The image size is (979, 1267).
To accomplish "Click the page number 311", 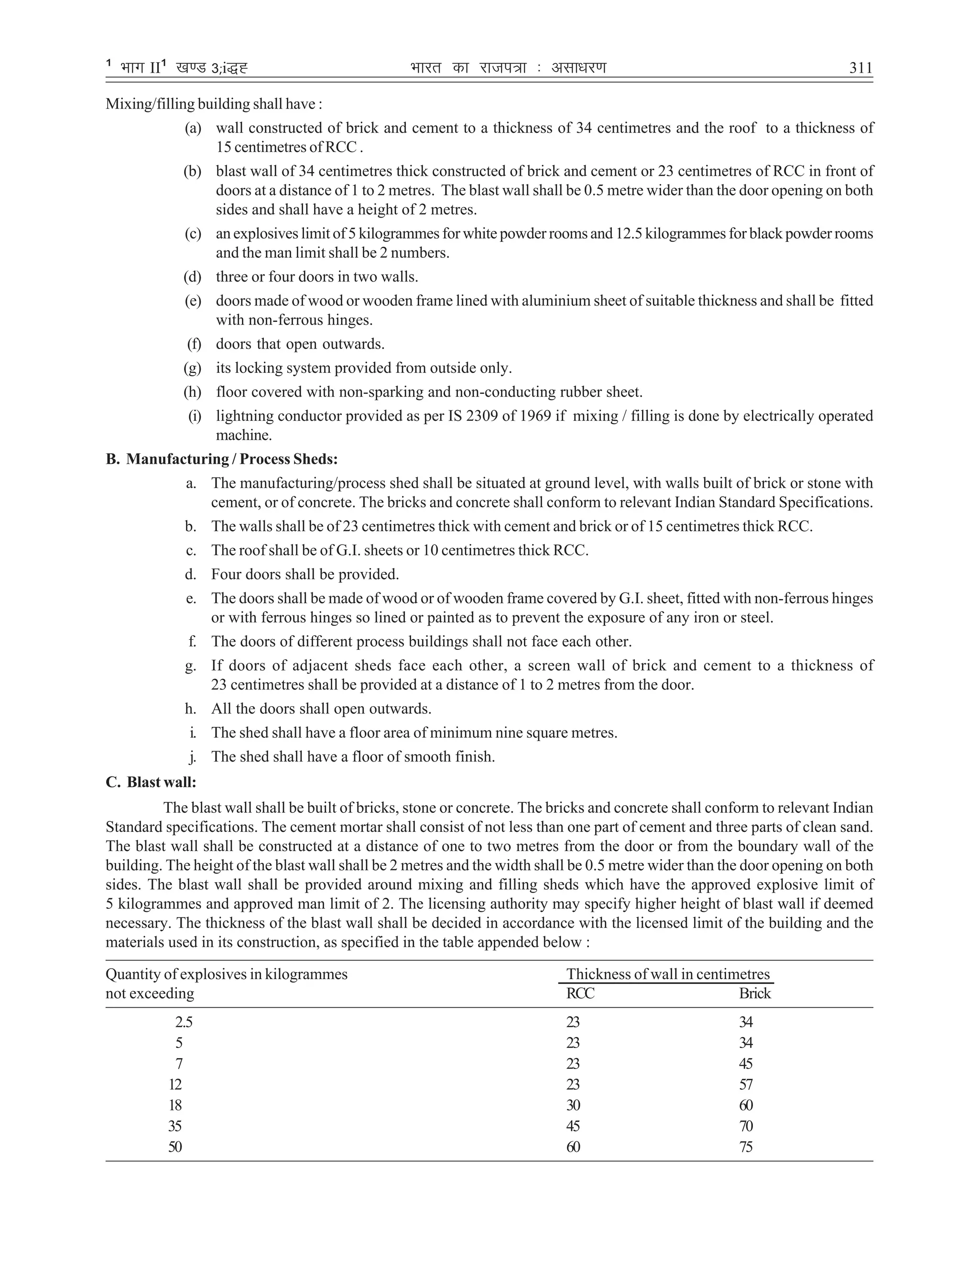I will pos(860,68).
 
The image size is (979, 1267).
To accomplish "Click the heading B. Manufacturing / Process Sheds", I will pos(221,459).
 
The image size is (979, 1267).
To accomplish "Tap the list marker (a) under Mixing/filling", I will pos(193,128).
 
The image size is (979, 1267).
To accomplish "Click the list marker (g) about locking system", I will pos(193,368).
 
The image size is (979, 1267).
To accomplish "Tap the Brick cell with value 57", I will pos(746,1084).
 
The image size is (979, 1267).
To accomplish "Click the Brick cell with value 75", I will pos(746,1147).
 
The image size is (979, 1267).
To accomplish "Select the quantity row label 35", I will pos(175,1126).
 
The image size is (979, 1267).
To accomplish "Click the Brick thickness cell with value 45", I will pos(746,1063).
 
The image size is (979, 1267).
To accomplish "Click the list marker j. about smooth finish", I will pos(192,756).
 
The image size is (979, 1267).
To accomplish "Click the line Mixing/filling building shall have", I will pos(214,104).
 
